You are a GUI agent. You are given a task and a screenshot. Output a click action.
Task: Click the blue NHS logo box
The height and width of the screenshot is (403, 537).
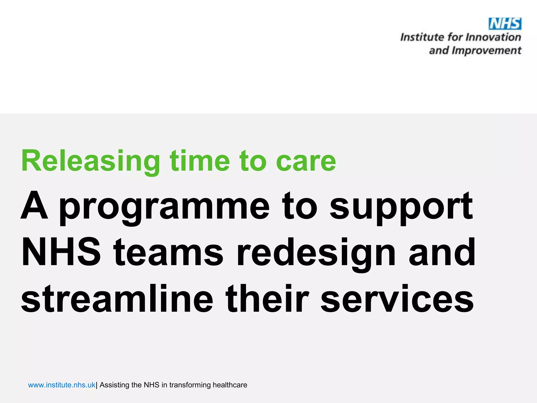pyautogui.click(x=505, y=24)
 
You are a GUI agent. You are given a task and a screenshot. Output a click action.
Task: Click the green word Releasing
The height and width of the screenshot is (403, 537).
pyautogui.click(x=90, y=161)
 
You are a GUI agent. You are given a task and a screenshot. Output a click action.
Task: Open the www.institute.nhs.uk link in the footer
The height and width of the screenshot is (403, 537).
pyautogui.click(x=62, y=385)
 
